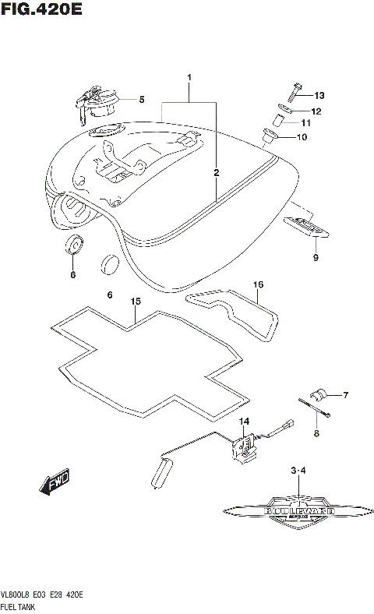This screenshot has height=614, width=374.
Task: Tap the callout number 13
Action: pyautogui.click(x=319, y=95)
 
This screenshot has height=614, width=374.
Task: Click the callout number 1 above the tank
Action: pyautogui.click(x=189, y=78)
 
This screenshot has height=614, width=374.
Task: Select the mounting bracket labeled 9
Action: pyautogui.click(x=308, y=226)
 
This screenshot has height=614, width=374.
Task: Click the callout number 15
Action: pyautogui.click(x=135, y=301)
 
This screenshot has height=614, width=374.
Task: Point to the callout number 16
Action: pyautogui.click(x=257, y=285)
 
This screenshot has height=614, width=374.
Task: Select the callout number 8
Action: pyautogui.click(x=316, y=433)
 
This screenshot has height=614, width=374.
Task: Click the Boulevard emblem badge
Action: pyautogui.click(x=299, y=513)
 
